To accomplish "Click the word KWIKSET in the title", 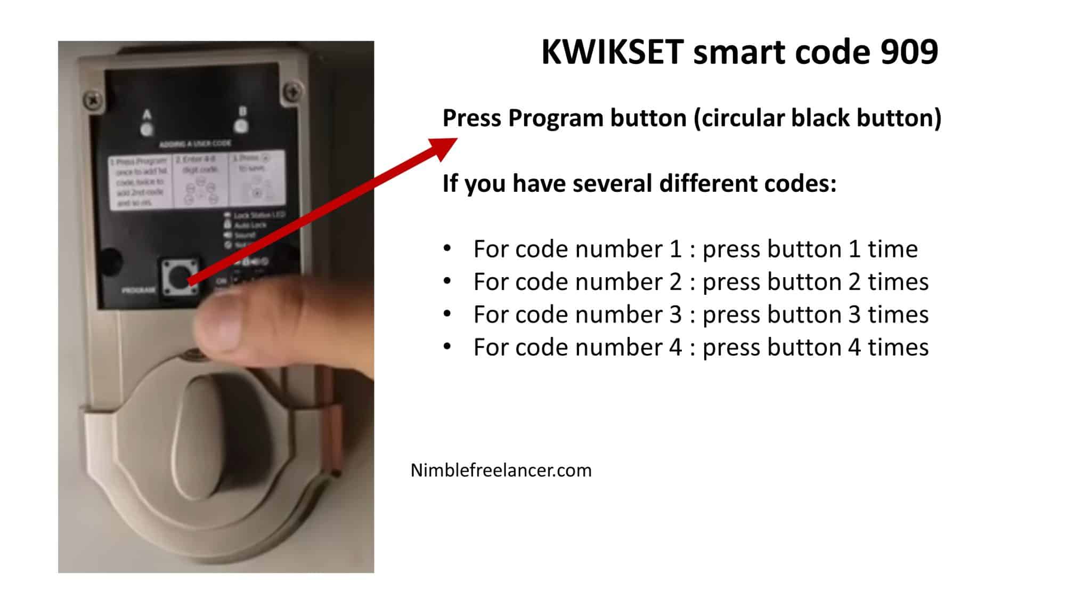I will (612, 52).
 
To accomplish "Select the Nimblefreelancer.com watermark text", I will (501, 470).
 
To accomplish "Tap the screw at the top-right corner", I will (292, 90).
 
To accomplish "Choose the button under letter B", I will (241, 126).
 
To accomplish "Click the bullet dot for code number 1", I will (447, 248).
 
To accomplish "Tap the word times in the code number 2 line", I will (898, 282).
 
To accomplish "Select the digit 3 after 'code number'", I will (675, 314).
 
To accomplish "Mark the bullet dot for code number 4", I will (447, 347).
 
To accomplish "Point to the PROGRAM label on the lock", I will (139, 290).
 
